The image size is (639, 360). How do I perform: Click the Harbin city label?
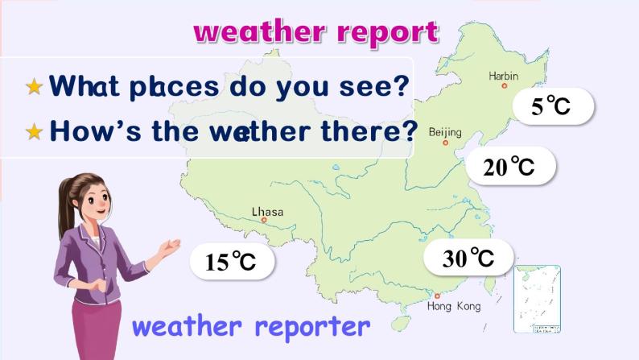pyautogui.click(x=504, y=76)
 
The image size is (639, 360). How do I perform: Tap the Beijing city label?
pyautogui.click(x=445, y=131)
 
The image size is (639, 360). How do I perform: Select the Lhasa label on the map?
pyautogui.click(x=267, y=212)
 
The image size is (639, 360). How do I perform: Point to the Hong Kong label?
pyautogui.click(x=454, y=306)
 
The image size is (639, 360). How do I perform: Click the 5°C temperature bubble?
pyautogui.click(x=551, y=106)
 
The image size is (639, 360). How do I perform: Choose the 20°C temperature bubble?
pyautogui.click(x=509, y=167)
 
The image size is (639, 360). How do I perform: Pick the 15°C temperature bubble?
pyautogui.click(x=230, y=262)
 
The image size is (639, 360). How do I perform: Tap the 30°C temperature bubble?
pyautogui.click(x=468, y=258)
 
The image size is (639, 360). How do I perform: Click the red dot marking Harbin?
pyautogui.click(x=505, y=85)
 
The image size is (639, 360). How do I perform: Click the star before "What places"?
pyautogui.click(x=34, y=86)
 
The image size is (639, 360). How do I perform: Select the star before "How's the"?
pyautogui.click(x=34, y=131)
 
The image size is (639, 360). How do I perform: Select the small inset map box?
pyautogui.click(x=536, y=299)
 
